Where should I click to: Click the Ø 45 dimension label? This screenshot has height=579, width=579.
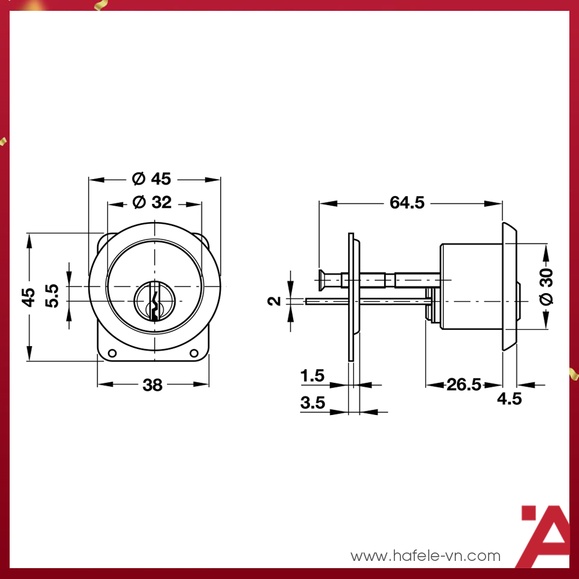click(x=152, y=179)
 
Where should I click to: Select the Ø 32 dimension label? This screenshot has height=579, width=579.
click(x=152, y=203)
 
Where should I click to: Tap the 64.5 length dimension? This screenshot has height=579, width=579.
click(x=407, y=203)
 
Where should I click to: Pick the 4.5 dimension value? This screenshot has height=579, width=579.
click(x=510, y=399)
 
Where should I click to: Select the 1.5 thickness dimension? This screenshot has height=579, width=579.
click(x=312, y=376)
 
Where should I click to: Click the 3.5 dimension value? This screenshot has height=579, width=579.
click(x=312, y=403)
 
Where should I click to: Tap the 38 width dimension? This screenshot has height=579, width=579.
click(x=153, y=385)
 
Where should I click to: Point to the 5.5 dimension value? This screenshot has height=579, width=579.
click(x=52, y=296)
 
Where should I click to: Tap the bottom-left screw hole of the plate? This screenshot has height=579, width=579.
click(x=112, y=353)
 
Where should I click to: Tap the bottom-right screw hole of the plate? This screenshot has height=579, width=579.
click(x=194, y=353)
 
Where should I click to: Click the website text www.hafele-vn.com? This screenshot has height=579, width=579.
click(x=426, y=555)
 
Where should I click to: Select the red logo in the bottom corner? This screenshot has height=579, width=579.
click(x=545, y=537)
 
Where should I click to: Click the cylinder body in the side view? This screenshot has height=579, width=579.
click(x=470, y=286)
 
